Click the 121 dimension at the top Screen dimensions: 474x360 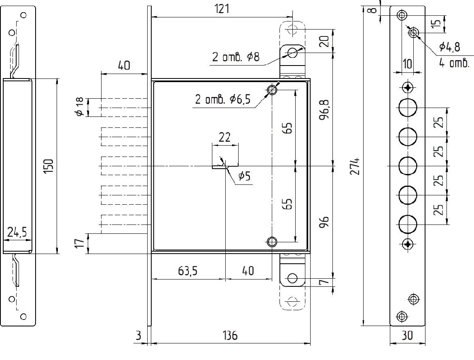pos(222,9)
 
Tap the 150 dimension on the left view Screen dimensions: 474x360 pos(49,166)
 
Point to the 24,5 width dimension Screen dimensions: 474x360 pos(17,232)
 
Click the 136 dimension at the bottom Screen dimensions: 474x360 pos(231,335)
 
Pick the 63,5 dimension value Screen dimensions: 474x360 pos(188,271)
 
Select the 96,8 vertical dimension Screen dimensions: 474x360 pos(324,110)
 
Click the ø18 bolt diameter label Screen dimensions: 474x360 pos(80,107)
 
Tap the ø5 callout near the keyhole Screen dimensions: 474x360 pos(245,176)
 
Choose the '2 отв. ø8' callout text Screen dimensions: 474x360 pos(236,57)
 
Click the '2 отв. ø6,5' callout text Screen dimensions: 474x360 pos(223,99)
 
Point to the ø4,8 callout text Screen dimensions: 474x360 pos(449,47)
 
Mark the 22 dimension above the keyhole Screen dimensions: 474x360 pos(224,137)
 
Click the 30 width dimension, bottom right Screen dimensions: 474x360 pos(408,335)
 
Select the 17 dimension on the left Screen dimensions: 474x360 pos(80,244)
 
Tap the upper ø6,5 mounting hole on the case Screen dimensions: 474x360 pos(272,90)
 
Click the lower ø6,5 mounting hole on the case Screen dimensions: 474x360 pos(272,242)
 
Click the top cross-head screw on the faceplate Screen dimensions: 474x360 pos(408,88)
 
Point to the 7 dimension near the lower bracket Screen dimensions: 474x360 pos(324,282)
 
